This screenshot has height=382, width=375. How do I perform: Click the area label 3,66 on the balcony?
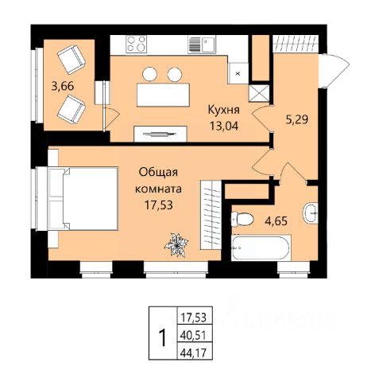pyautogui.click(x=63, y=87)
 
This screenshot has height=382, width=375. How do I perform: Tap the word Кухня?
pyautogui.click(x=224, y=110)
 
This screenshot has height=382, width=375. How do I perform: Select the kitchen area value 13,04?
pyautogui.click(x=224, y=126)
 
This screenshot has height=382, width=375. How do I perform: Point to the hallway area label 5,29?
pyautogui.click(x=296, y=120)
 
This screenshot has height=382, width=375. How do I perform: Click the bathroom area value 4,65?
pyautogui.click(x=276, y=220)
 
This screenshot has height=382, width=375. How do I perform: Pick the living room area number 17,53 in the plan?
pyautogui.click(x=159, y=205)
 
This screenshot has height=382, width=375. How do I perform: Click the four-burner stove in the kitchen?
pyautogui.click(x=137, y=44)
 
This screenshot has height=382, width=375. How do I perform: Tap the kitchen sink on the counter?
pyautogui.click(x=202, y=45)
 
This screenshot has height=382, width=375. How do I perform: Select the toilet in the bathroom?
pyautogui.click(x=242, y=219)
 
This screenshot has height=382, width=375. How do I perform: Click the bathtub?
pyautogui.click(x=261, y=248)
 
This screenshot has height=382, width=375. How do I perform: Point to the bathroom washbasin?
pyautogui.click(x=311, y=213)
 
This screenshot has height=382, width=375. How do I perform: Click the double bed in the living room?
pyautogui.click(x=83, y=198)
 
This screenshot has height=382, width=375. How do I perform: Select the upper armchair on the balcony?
pyautogui.click(x=72, y=60)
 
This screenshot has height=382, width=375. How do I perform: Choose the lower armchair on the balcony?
pyautogui.click(x=72, y=110)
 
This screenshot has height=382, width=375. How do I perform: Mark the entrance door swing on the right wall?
pyautogui.click(x=334, y=70)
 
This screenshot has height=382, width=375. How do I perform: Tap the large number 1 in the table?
pyautogui.click(x=163, y=337)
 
